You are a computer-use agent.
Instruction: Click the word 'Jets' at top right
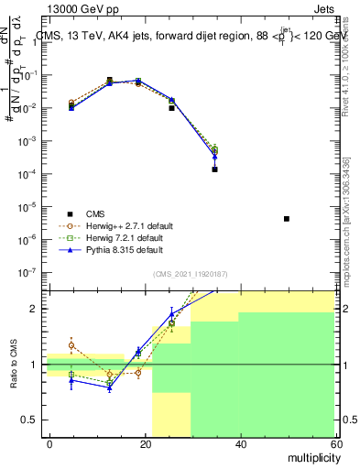pyautogui.click(x=322, y=9)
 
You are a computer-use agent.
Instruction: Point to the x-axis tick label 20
pyautogui.click(x=146, y=443)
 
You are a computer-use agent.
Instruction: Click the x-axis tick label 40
pyautogui.click(x=241, y=443)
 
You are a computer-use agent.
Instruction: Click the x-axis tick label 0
pyautogui.click(x=50, y=443)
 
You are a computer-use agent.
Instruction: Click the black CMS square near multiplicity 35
pyautogui.click(x=214, y=169)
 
